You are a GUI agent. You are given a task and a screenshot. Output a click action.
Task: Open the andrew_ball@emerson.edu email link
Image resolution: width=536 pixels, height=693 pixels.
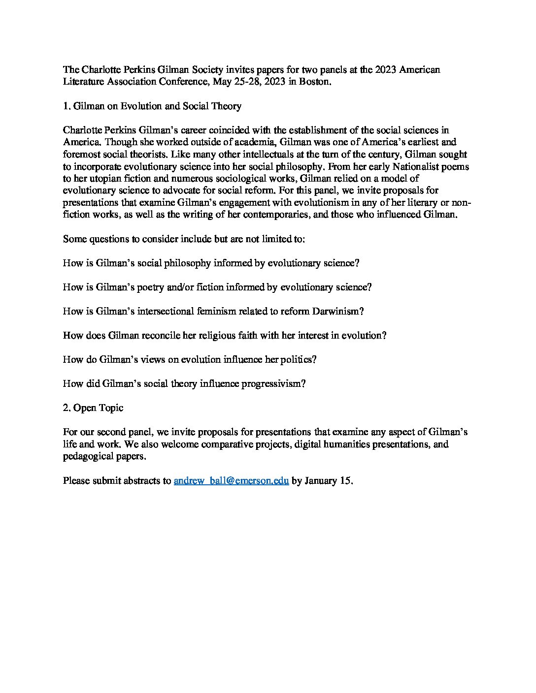(x=231, y=481)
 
